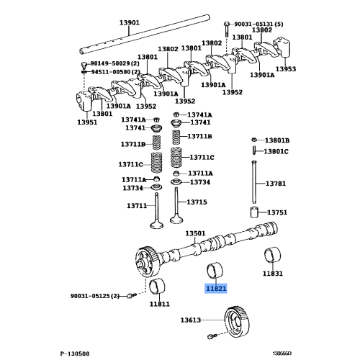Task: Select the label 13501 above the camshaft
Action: pos(196,234)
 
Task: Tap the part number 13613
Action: pos(192,320)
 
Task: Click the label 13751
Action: pos(278,213)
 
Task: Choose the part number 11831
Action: pos(272,274)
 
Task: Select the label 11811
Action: pos(160,305)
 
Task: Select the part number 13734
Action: pos(132,189)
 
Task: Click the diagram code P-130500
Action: pos(75,354)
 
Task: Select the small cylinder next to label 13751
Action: pos(254,213)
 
